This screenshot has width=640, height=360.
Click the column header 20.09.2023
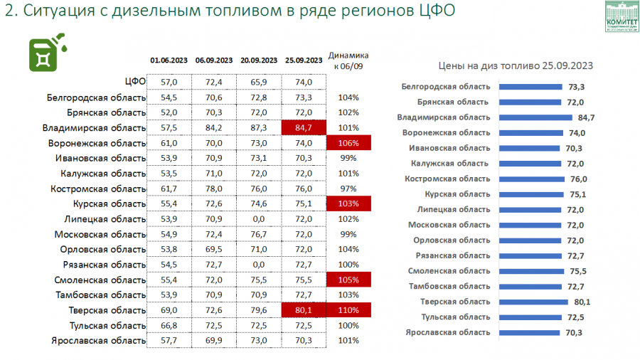tap(259, 60)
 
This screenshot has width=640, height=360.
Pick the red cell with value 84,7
tap(304, 127)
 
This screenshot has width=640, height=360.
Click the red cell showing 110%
tap(348, 310)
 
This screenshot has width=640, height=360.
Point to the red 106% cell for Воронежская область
tap(348, 143)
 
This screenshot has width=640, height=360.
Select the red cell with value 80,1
tap(304, 310)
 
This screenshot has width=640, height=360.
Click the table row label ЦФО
tap(135, 83)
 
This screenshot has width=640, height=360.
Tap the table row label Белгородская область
tap(96, 97)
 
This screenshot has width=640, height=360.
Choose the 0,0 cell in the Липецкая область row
tap(259, 219)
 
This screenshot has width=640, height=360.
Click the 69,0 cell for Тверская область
tap(169, 310)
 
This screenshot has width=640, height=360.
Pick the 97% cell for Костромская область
tap(348, 189)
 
